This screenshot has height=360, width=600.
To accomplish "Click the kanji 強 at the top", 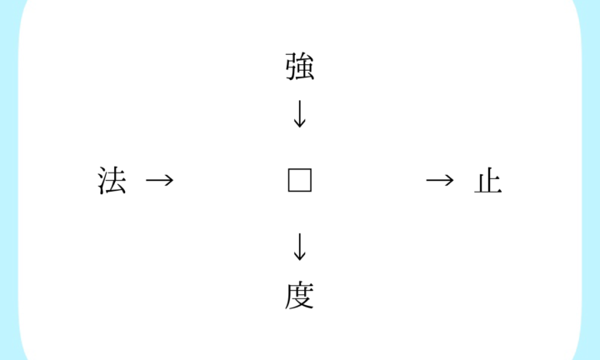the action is [300, 67].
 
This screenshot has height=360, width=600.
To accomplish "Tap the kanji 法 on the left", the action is [112, 180].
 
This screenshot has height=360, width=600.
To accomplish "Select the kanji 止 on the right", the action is [487, 181].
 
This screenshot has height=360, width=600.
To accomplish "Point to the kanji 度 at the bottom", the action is [300, 295].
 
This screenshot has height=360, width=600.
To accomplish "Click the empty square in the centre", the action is [300, 180].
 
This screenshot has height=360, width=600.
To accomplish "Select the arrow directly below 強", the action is [300, 114].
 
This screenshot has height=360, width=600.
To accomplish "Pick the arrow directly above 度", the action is [300, 247].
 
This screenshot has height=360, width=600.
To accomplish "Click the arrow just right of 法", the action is [159, 180].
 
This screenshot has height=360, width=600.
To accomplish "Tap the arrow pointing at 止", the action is [440, 180].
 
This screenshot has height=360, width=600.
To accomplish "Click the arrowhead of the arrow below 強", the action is [300, 123].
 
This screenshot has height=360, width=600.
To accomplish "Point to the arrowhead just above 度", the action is [300, 257].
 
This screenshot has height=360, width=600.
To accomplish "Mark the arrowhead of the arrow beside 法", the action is [169, 180].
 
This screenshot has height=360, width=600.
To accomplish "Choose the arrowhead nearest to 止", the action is [450, 180].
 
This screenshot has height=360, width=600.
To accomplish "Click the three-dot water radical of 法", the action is [102, 181].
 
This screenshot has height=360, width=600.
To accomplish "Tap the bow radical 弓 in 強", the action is [291, 67].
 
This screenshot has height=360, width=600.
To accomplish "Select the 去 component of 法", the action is [117, 180].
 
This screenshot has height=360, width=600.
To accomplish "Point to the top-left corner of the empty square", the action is [288, 168].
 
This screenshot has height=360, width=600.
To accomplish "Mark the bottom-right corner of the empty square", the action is [312, 192].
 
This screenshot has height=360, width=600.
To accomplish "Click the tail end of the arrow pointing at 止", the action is [427, 180].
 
